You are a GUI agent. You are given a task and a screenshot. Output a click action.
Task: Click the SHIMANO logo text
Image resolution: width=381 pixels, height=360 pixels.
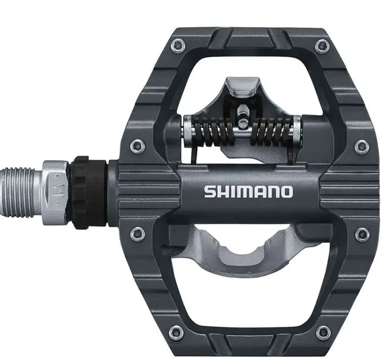(x=248, y=192)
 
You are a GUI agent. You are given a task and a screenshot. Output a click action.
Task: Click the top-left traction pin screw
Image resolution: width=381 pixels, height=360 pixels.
(x=178, y=46)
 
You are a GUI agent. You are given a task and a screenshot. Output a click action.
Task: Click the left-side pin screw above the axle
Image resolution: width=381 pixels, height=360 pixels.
(x=137, y=146)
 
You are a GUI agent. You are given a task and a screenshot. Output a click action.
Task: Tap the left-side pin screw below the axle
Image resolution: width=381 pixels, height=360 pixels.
(x=138, y=234)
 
